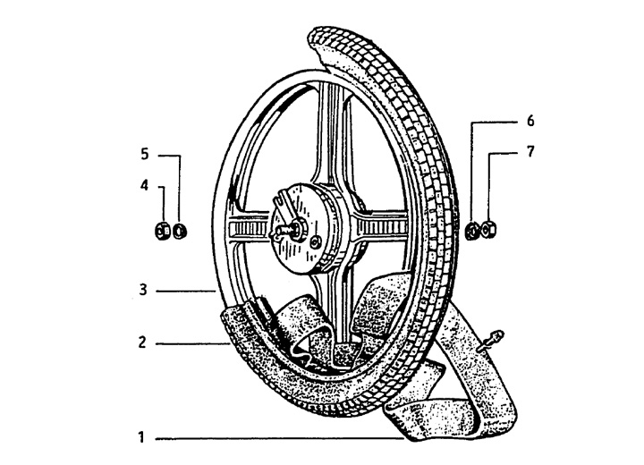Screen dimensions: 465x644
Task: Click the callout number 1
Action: pos(141,439)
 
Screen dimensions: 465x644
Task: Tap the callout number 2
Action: pos(141,342)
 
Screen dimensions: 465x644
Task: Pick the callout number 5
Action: pos(145,155)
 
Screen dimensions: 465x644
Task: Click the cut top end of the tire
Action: pos(320,40)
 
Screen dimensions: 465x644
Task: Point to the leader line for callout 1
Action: pos(277,439)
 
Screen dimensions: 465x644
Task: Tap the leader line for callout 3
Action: pos(183,290)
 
